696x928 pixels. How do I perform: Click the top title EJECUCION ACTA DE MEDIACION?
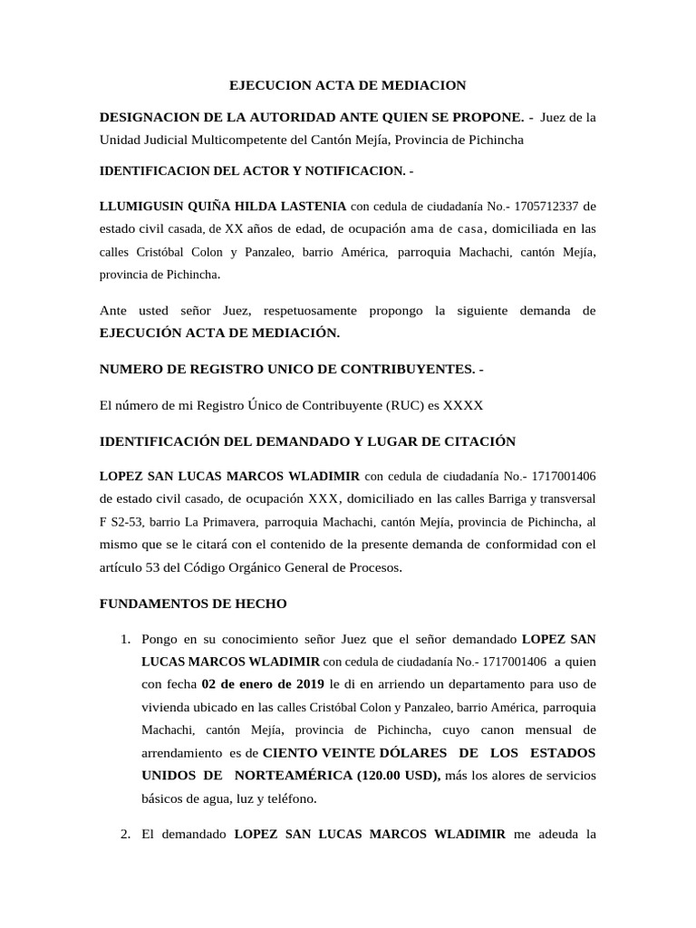tap(347, 85)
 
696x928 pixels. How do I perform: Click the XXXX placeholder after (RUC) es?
tap(467, 405)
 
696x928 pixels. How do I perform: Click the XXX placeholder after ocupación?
tap(324, 498)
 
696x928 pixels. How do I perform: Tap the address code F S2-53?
tap(121, 522)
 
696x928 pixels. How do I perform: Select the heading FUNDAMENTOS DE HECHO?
tap(193, 603)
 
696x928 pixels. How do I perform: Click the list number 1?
tap(126, 640)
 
